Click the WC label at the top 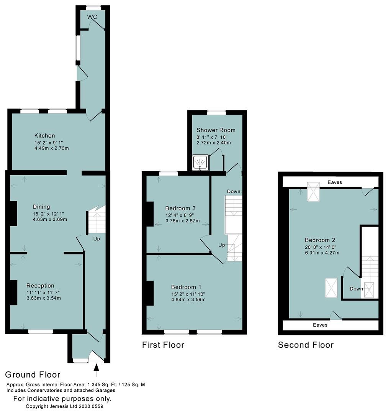tap(92, 17)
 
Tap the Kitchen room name tap(44, 136)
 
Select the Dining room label tap(41, 207)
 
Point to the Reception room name tap(40, 286)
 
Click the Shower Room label tap(216, 130)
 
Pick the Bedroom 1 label tap(186, 287)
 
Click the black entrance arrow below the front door tap(96, 368)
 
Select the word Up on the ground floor tap(97, 238)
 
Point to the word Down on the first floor tap(233, 191)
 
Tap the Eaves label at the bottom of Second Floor tap(320, 325)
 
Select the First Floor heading tap(163, 345)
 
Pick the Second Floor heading tap(306, 345)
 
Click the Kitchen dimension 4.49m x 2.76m tap(51, 148)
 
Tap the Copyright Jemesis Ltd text tap(64, 406)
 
